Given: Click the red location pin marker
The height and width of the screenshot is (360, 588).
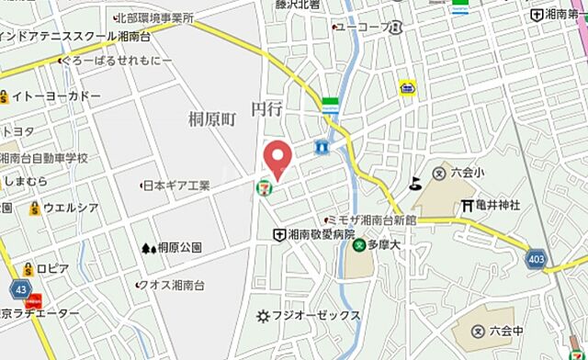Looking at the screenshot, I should pos(277,157).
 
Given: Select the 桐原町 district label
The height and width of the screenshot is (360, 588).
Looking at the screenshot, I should pos(213,119).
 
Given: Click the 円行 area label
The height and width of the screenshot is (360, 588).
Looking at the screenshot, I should pos(266,108).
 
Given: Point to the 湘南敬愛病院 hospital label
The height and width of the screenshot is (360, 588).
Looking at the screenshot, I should pos(319,236).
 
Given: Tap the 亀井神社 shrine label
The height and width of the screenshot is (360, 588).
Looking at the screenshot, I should pos(497,204).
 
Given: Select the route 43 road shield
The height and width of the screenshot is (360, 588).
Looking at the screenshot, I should pos(20,288).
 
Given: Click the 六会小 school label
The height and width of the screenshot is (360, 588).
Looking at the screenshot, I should pos(468,172).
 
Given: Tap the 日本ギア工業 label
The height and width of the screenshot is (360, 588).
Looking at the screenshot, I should pos(180,186).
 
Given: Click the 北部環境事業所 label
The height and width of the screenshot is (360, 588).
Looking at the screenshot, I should pos(155,17).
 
